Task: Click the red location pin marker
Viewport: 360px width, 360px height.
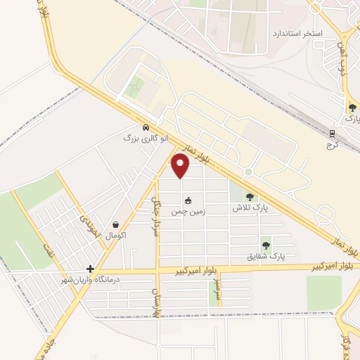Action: point(181,166)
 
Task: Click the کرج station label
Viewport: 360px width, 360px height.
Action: point(333,143)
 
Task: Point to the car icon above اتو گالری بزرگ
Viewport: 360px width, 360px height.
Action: point(145,128)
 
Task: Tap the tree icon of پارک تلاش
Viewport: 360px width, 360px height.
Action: point(250,198)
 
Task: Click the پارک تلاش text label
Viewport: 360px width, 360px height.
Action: point(250,209)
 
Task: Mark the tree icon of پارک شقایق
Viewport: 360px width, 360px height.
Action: point(266,245)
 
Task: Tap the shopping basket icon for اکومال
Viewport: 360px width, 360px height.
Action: point(115,225)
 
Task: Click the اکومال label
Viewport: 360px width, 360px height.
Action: point(115,236)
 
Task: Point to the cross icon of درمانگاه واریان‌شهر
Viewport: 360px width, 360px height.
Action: point(90,268)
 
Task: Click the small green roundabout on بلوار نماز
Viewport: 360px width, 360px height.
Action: point(247,172)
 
